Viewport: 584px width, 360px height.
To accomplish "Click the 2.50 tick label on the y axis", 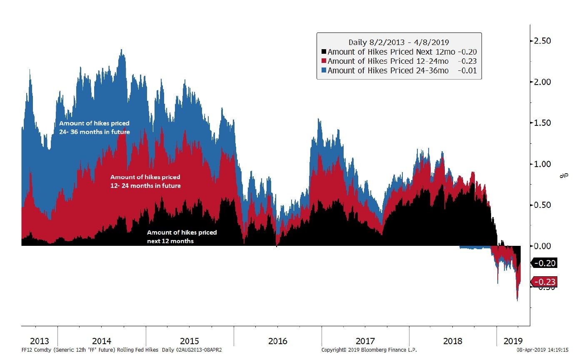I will [542, 41].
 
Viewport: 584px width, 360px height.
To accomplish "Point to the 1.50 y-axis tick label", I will [542, 123].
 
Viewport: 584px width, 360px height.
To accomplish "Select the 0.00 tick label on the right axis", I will [542, 246].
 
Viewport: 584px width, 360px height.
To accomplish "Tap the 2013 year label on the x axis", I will [39, 341].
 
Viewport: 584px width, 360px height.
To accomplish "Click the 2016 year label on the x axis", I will [277, 341].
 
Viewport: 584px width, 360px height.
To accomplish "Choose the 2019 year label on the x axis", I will [513, 341].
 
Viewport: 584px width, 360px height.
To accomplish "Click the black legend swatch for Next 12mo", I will [324, 52].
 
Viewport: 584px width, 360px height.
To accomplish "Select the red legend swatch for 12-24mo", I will [324, 61].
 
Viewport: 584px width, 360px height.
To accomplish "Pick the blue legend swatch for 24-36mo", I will [324, 70].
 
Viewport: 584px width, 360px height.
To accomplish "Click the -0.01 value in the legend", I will [467, 70].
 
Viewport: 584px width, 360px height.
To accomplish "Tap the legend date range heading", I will [399, 42].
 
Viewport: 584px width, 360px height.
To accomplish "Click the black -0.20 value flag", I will [544, 263].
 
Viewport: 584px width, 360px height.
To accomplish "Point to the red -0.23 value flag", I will [544, 282].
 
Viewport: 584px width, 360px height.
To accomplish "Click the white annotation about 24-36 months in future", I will [94, 127].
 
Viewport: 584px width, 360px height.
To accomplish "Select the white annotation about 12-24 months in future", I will [145, 181].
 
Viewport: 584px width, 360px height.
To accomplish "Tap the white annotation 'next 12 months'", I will [182, 237].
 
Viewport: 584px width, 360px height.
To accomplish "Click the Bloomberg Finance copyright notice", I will [369, 350].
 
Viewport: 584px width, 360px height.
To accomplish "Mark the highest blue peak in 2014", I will [121, 50].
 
